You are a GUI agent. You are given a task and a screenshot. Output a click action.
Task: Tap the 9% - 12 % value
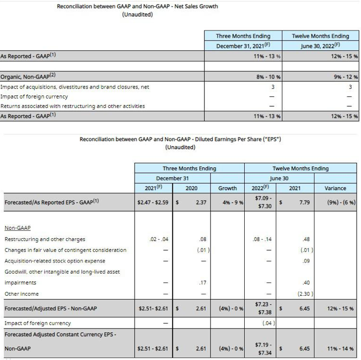click(345, 77)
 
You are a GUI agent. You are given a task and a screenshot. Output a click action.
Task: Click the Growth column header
click(227, 188)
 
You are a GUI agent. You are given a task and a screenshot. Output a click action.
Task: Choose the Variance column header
click(336, 188)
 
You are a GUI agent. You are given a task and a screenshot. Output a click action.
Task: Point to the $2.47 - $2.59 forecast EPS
click(154, 202)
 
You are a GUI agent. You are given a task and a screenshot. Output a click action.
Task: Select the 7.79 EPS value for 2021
click(303, 202)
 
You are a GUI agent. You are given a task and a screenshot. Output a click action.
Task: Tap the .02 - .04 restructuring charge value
click(158, 239)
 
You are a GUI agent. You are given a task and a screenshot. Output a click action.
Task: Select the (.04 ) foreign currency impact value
click(269, 322)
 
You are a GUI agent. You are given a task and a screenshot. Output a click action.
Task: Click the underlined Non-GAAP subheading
click(17, 228)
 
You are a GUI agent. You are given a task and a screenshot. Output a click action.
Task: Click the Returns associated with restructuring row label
click(73, 106)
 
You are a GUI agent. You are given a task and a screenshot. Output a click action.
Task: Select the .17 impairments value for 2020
click(202, 282)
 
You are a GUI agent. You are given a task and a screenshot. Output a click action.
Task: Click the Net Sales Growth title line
click(137, 7)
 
